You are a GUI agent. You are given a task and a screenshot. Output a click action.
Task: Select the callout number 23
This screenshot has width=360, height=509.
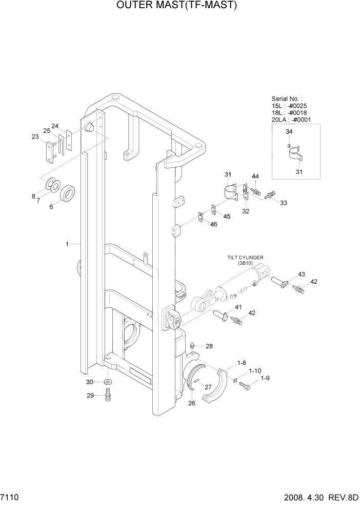[x=35, y=136]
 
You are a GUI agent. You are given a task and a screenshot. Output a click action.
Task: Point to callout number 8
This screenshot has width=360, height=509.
[x=34, y=196]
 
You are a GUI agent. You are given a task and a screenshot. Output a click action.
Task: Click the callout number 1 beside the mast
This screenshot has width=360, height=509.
[x=67, y=244]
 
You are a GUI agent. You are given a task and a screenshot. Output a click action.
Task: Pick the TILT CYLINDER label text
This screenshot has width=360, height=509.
[x=249, y=258]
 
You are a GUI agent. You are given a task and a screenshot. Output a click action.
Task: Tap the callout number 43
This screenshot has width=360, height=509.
[x=302, y=274]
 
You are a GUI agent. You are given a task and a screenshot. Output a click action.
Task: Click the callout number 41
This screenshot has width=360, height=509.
[x=238, y=307]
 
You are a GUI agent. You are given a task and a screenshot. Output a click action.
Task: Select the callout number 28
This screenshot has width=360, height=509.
[x=209, y=346]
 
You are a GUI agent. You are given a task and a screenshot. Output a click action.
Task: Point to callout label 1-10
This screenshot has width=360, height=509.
[x=255, y=370]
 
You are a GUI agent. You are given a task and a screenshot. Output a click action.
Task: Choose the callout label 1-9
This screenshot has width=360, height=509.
[x=265, y=379]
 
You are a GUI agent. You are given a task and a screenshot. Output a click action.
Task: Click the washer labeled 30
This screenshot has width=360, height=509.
[x=108, y=383]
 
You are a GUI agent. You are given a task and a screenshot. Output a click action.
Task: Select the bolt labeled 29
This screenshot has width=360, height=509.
[x=108, y=395]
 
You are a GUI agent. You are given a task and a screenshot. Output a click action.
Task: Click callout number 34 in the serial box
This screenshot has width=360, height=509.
[x=289, y=132]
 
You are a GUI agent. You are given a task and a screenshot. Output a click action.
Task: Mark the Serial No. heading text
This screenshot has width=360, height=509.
[x=287, y=99]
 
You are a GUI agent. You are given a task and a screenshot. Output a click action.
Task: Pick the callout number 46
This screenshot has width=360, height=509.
[x=214, y=224]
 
